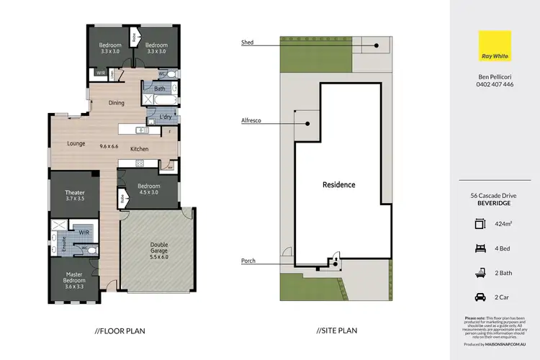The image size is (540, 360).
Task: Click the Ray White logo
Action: (x=495, y=45)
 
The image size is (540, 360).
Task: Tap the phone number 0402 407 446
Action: (x=495, y=84)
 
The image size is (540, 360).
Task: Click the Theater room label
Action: (x=75, y=192)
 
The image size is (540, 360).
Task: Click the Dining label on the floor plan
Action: (x=116, y=103)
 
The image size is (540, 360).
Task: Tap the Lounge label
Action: (x=76, y=143)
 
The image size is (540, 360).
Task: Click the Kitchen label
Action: (x=139, y=149)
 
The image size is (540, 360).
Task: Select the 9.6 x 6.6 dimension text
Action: (x=109, y=146)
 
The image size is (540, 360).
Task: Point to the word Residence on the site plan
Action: (x=338, y=185)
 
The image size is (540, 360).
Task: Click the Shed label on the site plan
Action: (x=247, y=43)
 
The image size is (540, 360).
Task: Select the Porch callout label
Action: (x=248, y=261)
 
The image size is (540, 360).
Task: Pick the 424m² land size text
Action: (x=505, y=224)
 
